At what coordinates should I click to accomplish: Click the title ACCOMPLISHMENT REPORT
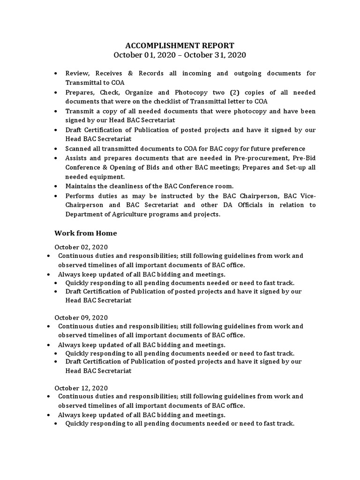[180, 45]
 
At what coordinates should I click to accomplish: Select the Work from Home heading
[85, 233]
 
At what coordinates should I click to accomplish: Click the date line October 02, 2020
[81, 247]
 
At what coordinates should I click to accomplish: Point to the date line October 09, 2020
[81, 317]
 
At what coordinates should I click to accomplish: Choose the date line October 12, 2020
[81, 388]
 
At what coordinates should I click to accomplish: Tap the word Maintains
[81, 186]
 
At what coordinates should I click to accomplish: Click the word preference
[287, 149]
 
